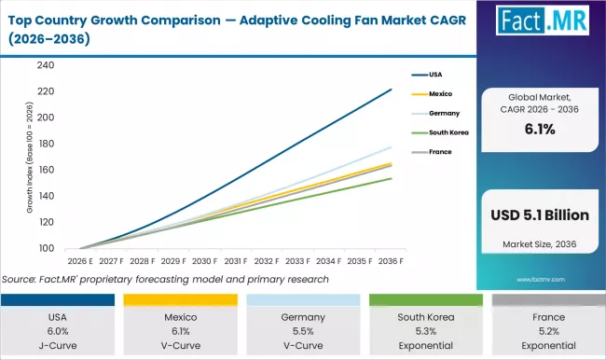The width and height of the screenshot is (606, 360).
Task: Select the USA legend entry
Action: pyautogui.click(x=437, y=76)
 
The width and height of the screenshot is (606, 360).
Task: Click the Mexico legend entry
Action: pyautogui.click(x=441, y=94)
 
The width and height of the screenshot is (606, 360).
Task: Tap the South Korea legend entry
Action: pyautogui.click(x=448, y=132)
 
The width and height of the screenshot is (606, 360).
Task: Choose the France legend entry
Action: pyautogui.click(x=441, y=151)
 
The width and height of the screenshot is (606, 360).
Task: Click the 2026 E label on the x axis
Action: pyautogui.click(x=79, y=261)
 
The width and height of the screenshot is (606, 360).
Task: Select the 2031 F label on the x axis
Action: pyautogui.click(x=236, y=261)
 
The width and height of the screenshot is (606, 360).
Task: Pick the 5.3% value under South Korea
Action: pyautogui.click(x=424, y=331)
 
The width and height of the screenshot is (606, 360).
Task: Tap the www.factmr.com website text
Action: pyautogui.click(x=543, y=278)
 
